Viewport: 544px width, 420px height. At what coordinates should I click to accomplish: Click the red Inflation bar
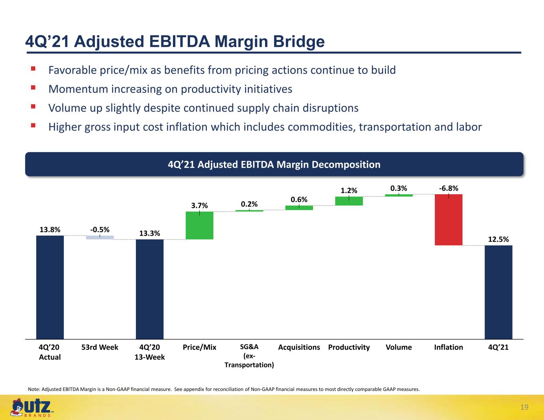coord(448,220)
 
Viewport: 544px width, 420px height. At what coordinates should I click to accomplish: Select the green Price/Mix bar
coord(199,225)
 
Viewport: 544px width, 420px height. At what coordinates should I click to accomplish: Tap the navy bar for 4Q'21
coord(498,292)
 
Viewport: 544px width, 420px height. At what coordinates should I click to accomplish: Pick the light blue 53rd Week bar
coord(100,238)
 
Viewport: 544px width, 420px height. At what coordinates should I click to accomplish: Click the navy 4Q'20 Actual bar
coord(50,287)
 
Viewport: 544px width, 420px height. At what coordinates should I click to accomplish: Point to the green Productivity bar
coord(349,201)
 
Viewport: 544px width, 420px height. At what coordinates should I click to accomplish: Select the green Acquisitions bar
coord(299,208)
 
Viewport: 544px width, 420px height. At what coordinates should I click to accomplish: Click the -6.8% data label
coord(448,188)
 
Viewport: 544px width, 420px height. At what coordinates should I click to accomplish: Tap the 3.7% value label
coord(199,205)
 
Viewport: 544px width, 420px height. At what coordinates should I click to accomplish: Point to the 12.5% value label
coord(498,239)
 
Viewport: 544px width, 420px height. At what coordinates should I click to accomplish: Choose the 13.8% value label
coord(50,229)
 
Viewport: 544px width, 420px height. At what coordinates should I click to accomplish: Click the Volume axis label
coord(399,347)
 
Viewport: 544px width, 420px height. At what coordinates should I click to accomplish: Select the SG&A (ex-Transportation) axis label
coord(249,356)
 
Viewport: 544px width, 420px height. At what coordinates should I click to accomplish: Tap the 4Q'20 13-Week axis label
coord(149,352)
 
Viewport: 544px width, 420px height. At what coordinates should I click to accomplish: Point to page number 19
coord(524,407)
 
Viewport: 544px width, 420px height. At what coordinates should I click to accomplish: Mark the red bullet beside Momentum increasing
coord(33,88)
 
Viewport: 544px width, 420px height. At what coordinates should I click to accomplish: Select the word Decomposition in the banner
coord(346,164)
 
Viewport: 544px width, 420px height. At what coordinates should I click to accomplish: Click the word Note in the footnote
coord(33,389)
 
